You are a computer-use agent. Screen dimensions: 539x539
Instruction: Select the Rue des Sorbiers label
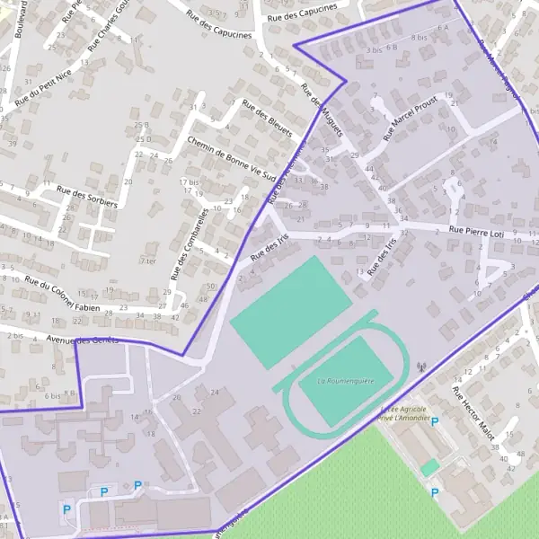[86, 196]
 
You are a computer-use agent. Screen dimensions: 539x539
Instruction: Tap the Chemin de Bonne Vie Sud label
[231, 157]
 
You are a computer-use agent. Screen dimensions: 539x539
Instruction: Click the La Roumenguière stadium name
[346, 381]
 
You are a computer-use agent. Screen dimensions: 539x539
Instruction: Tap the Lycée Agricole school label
[402, 409]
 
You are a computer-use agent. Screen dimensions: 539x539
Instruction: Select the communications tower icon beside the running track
[420, 367]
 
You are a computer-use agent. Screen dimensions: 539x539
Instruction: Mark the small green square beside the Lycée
[430, 468]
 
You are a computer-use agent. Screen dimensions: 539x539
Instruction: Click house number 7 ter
[148, 261]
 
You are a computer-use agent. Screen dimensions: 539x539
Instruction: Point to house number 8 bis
[419, 38]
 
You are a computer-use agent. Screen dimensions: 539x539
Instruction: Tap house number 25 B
[140, 125]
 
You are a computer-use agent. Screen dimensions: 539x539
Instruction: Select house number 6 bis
[51, 395]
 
